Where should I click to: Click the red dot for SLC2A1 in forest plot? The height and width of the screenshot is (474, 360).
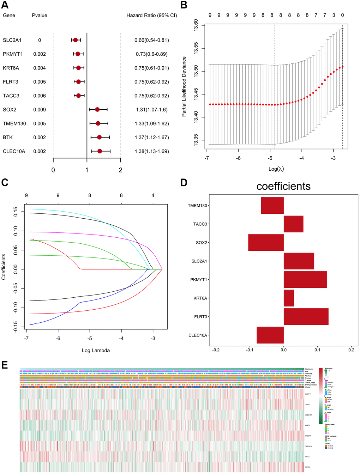(75, 40)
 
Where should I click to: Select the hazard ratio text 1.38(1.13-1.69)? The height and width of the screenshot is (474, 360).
(152, 151)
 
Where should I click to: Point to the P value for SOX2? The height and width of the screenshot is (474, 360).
(40, 110)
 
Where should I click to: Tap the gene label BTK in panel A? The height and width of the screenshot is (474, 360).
(8, 138)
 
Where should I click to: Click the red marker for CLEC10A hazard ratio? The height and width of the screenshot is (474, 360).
(100, 151)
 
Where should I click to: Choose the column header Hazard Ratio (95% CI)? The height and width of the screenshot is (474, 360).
(152, 16)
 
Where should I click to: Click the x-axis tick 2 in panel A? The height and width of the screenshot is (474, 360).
(120, 170)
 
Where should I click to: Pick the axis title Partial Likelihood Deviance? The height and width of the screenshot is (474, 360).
(184, 86)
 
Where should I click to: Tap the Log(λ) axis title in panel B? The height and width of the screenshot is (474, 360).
(276, 169)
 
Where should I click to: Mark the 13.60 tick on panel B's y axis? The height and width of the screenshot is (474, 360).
(196, 25)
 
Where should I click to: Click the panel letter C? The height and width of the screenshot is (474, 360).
(5, 183)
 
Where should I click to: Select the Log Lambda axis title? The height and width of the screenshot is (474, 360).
(96, 351)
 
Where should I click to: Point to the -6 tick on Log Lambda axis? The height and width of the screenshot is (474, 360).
(58, 339)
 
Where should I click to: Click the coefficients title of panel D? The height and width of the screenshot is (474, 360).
(283, 186)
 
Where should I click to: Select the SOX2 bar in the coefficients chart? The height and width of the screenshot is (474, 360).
(266, 243)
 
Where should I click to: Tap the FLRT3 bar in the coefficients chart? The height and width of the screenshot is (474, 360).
(306, 317)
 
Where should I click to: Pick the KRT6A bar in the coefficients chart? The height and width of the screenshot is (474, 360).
(289, 298)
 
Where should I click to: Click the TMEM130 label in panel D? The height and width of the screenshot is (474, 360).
(197, 206)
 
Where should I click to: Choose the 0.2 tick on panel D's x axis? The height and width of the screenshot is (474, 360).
(351, 350)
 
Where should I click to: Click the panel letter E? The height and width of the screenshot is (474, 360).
(5, 365)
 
